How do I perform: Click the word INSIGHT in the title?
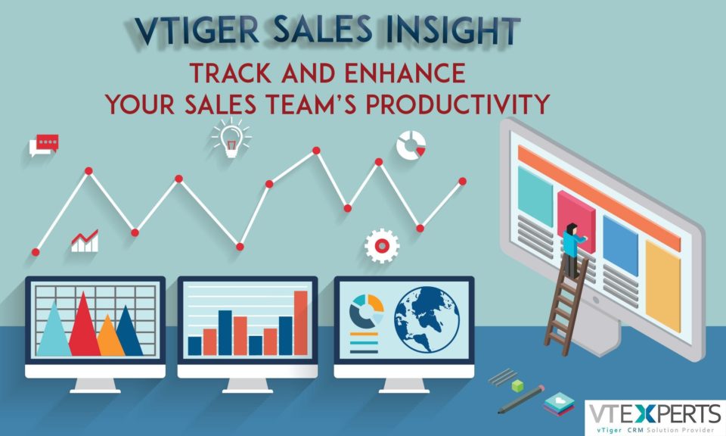click(452, 31)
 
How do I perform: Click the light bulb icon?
click(231, 138)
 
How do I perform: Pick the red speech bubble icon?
click(44, 145)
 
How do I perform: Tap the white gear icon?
click(381, 245)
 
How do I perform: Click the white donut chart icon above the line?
click(411, 145)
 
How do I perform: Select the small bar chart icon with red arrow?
click(85, 241)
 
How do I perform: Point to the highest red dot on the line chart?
click(316, 150)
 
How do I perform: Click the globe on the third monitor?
click(427, 319)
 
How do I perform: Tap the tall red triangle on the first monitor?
click(84, 323)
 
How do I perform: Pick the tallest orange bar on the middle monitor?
click(301, 322)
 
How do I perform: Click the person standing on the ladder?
click(572, 251)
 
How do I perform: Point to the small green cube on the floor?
click(517, 385)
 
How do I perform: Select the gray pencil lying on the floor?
click(521, 399)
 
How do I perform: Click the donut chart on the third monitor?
click(366, 311)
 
